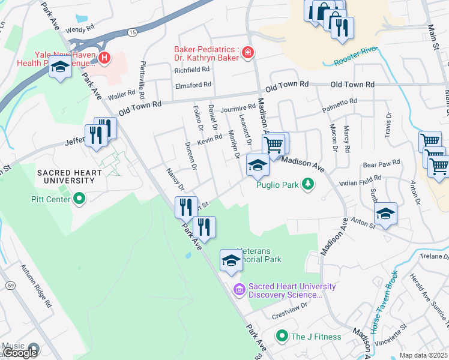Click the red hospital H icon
tap(105, 58)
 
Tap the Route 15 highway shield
tap(131, 31)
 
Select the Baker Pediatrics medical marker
tap(247, 54)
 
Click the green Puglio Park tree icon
tap(308, 184)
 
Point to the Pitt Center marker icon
tap(79, 199)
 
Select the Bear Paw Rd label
tap(381, 163)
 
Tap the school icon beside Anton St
tap(385, 214)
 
